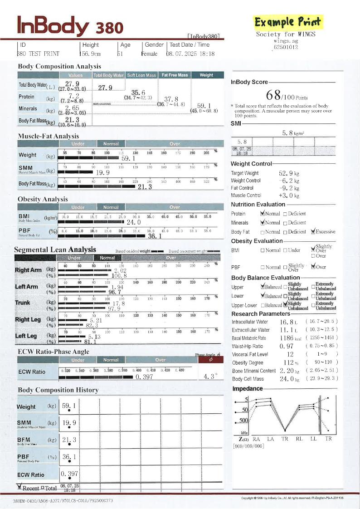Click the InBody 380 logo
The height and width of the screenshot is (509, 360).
coord(70,26)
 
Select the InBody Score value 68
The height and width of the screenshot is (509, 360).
coord(273,96)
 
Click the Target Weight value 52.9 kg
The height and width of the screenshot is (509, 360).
coord(289,173)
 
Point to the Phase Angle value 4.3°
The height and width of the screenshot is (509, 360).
coord(210,376)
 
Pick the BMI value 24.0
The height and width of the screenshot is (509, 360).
coord(133,222)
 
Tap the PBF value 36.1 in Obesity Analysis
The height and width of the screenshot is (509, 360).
coord(155,236)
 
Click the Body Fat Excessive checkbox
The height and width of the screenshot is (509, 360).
coord(313,231)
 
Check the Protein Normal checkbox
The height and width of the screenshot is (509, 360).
coord(263,213)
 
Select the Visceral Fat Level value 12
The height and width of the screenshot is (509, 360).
coord(290,354)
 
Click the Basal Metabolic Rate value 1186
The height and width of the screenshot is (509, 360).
coord(287,338)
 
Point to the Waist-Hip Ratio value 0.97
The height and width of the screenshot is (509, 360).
coord(287,346)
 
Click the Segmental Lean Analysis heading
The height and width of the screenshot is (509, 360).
coord(55,250)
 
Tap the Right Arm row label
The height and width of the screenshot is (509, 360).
coord(28,270)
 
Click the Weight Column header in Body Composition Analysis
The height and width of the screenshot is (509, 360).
coord(206,75)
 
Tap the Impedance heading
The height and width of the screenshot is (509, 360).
coord(248,389)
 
